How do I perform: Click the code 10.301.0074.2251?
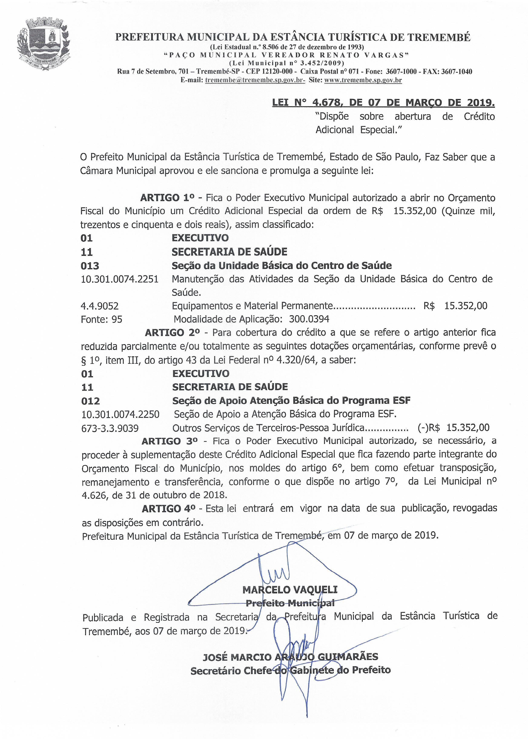click(x=120, y=279)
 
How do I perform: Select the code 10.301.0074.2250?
click(x=120, y=415)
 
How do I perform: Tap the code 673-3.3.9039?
click(x=110, y=428)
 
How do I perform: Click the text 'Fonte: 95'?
click(x=101, y=319)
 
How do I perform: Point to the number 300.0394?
click(x=309, y=319)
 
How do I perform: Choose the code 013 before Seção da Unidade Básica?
click(x=90, y=266)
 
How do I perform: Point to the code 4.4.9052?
click(x=99, y=306)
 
